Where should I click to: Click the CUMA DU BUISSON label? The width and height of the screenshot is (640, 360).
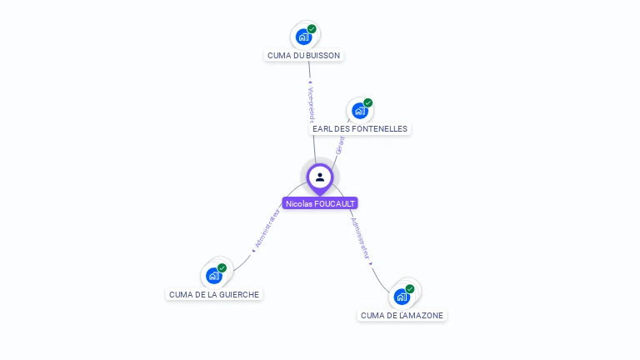pos(303,55)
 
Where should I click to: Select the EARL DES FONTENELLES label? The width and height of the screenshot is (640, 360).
pos(359,129)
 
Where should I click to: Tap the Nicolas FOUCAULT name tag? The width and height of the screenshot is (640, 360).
pos(320,203)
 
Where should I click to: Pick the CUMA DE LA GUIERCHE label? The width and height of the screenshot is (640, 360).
pos(214,294)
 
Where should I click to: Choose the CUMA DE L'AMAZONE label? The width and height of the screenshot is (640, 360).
pos(402,315)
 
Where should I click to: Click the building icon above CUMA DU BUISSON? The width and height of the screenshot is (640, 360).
pos(303,37)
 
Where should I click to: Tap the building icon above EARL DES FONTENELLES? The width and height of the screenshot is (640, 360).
pos(359,111)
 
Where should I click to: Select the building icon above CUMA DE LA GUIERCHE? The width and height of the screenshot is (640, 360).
pos(214,275)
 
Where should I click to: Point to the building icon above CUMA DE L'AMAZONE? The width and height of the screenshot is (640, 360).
pos(402,297)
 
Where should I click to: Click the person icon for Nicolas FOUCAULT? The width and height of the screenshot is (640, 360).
pos(320,177)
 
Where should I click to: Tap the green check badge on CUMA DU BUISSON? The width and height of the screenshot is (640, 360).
pos(312,29)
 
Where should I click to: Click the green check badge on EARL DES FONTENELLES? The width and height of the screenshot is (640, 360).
pos(367,103)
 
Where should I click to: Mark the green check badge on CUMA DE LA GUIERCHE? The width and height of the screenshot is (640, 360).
pos(222,267)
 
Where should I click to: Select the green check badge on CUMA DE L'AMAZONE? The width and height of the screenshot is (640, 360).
pos(410,289)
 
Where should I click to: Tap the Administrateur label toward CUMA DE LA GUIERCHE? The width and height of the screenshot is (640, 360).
pos(267,230)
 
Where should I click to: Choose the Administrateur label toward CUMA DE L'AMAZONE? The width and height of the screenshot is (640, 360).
pos(361,241)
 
